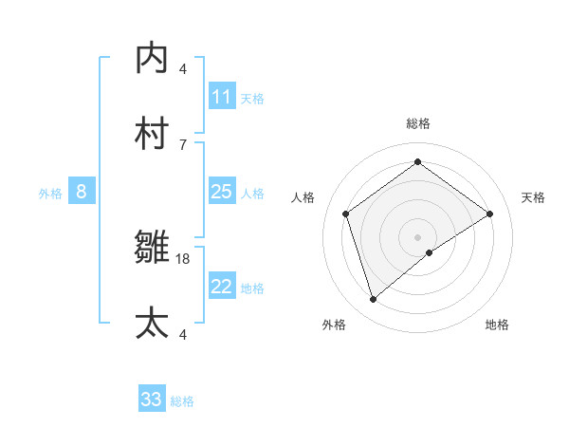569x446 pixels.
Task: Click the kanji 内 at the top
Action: point(152,59)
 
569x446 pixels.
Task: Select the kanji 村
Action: point(152,134)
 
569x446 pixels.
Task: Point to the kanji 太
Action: point(152,323)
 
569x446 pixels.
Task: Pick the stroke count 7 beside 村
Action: point(183,144)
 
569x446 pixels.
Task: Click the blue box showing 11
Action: point(222,97)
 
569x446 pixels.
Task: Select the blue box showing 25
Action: point(222,192)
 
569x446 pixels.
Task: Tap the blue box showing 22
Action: point(222,287)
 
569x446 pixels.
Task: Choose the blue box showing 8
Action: point(82,192)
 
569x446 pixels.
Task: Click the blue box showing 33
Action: point(152,400)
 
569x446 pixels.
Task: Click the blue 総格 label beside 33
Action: point(182,401)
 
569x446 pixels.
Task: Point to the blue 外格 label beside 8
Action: point(50,194)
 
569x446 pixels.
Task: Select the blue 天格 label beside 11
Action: point(252,99)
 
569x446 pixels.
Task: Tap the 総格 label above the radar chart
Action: point(417,123)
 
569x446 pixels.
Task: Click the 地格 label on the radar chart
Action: point(497,325)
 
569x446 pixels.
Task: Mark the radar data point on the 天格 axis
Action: point(490,214)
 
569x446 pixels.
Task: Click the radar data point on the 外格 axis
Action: point(373,300)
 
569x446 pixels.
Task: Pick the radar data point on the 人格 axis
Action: point(345,214)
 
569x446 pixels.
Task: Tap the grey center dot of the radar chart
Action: point(417,236)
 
